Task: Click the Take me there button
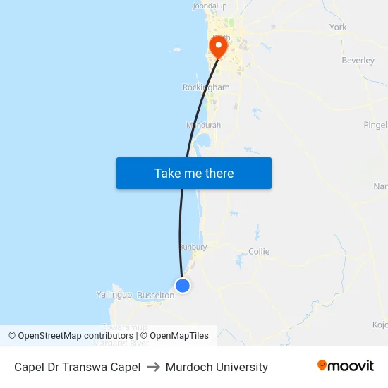(193, 173)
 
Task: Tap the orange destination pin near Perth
(218, 47)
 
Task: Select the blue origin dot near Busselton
(183, 285)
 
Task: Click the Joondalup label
(210, 6)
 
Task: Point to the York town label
(338, 28)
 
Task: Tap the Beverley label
(358, 61)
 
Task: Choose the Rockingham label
(206, 87)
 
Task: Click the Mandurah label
(204, 125)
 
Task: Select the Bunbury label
(193, 248)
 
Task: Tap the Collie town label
(259, 251)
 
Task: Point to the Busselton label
(155, 296)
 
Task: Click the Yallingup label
(114, 294)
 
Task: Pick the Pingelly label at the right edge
(375, 125)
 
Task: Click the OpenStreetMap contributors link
(75, 336)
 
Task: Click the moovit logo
(345, 365)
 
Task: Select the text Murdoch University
(217, 367)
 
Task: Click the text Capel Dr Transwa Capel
(77, 367)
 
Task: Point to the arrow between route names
(153, 367)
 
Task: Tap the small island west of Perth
(176, 50)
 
